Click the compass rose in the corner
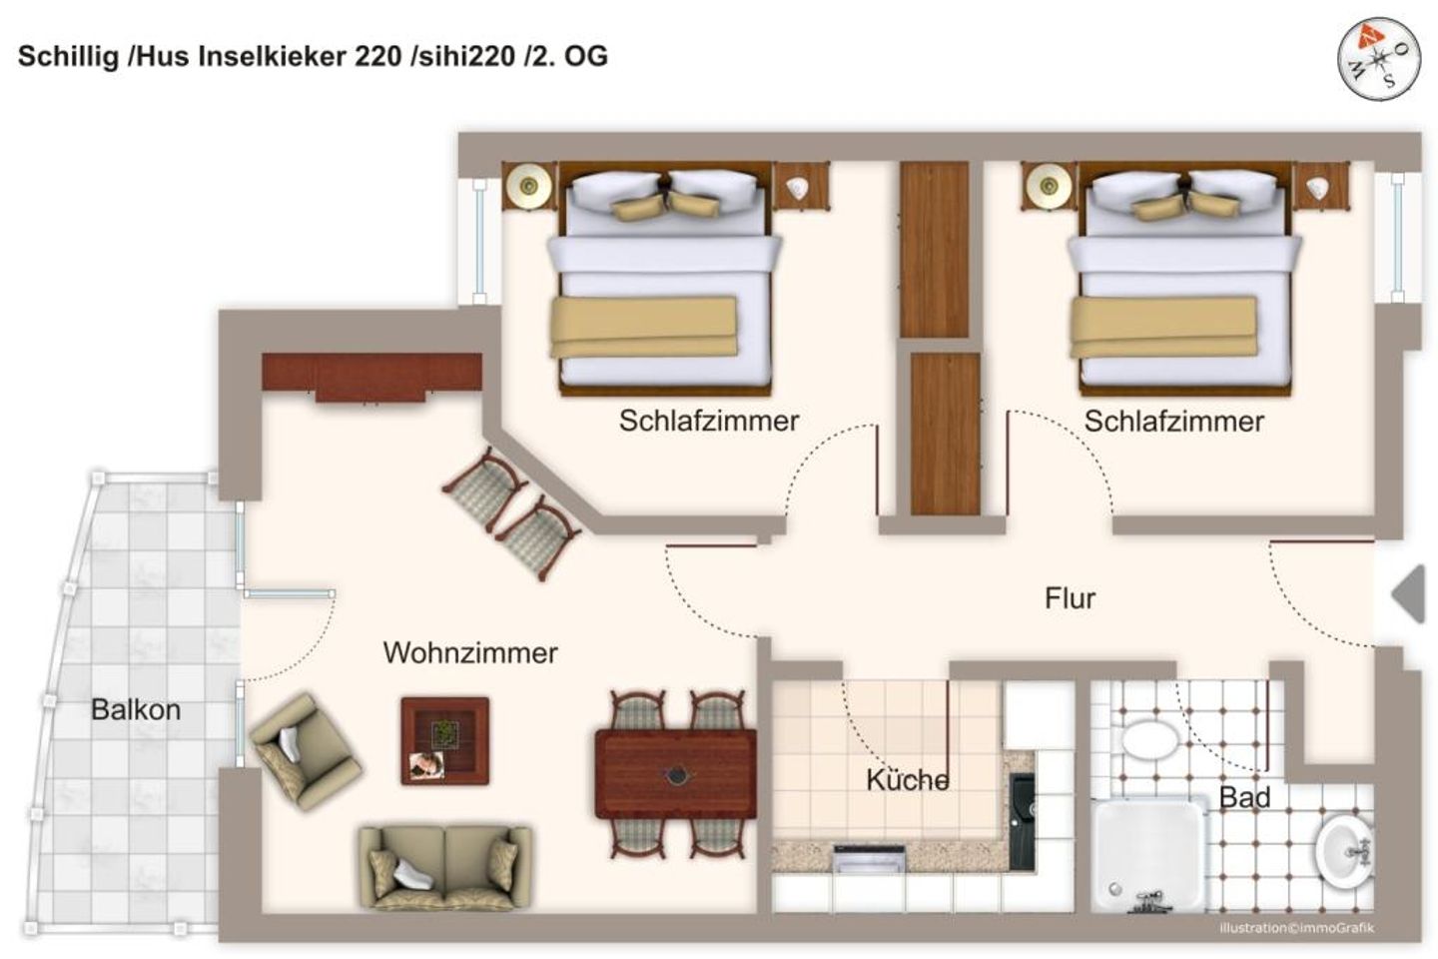click(1379, 58)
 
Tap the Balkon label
click(136, 710)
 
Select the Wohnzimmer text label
click(469, 653)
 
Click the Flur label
click(1070, 598)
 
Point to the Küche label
click(907, 780)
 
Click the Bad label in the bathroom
click(1244, 797)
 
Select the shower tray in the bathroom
click(1147, 854)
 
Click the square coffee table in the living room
click(444, 740)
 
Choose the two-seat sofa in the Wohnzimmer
click(444, 865)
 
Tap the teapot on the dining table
click(676, 774)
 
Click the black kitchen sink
click(1022, 819)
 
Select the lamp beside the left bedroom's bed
click(528, 185)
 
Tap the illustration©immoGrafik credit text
click(1295, 928)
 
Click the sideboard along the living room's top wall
click(371, 375)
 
